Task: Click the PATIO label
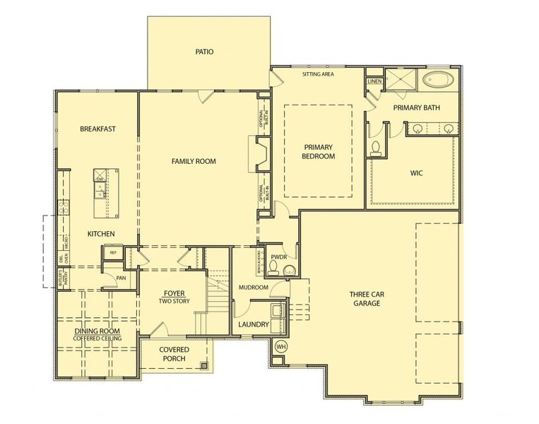[x=205, y=52]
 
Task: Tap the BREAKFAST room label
[x=97, y=129]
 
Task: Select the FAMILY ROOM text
[x=194, y=161]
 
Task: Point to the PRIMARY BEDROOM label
[x=318, y=151]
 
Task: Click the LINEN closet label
[x=374, y=82]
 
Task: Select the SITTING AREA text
[x=318, y=73]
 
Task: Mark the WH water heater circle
[x=280, y=346]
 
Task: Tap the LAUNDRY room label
[x=253, y=324]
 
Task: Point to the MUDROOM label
[x=253, y=288]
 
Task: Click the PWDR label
[x=278, y=257]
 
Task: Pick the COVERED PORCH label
[x=172, y=354]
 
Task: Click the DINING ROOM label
[x=97, y=331]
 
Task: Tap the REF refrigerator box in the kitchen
[x=112, y=252]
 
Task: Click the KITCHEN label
[x=101, y=233]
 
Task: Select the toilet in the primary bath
[x=376, y=147]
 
